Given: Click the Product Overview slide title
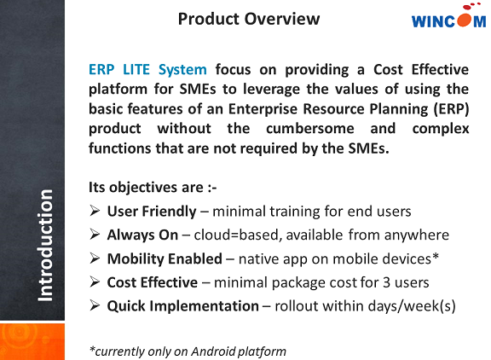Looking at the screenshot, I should [x=249, y=19].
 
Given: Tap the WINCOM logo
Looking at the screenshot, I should [x=448, y=21].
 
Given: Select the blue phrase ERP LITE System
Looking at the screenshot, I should [x=147, y=70].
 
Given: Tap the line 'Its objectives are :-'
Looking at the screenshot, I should [x=142, y=187].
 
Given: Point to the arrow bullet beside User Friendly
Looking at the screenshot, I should [x=95, y=211].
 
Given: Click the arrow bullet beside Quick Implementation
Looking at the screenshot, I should [x=95, y=305].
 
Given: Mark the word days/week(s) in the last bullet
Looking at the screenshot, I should [x=408, y=305].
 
